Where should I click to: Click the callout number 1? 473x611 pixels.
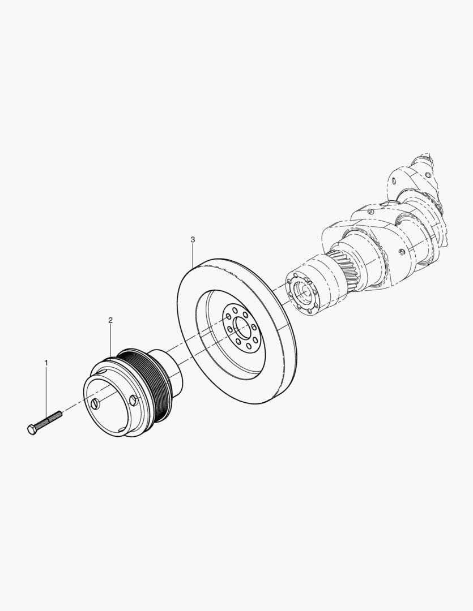[46, 362]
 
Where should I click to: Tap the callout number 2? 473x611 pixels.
[110, 320]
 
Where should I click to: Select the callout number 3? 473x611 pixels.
[193, 240]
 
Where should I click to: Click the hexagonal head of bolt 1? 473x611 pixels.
[32, 429]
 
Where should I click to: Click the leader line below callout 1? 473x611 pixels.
[46, 390]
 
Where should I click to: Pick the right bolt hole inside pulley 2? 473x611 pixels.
[133, 400]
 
